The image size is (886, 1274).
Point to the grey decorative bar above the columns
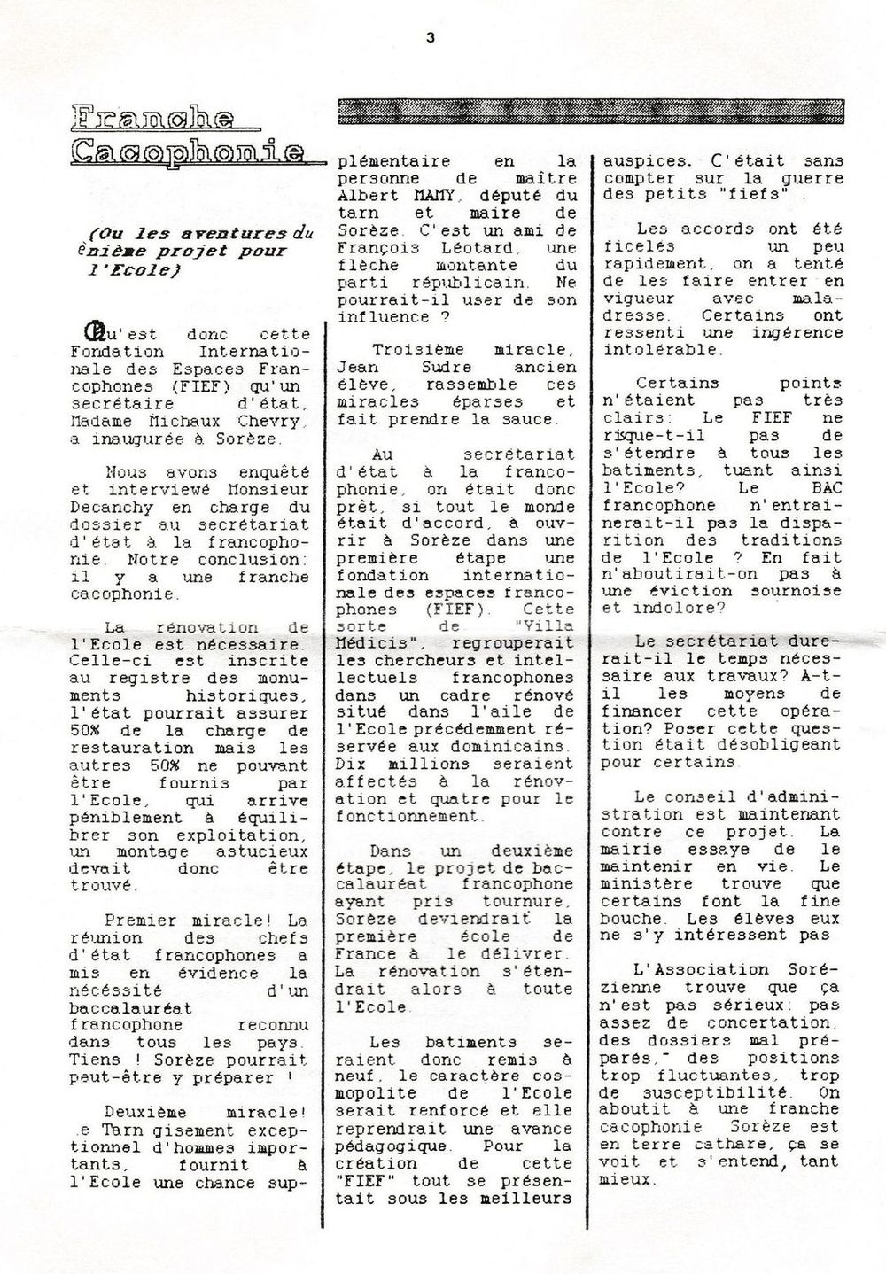point(591,112)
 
